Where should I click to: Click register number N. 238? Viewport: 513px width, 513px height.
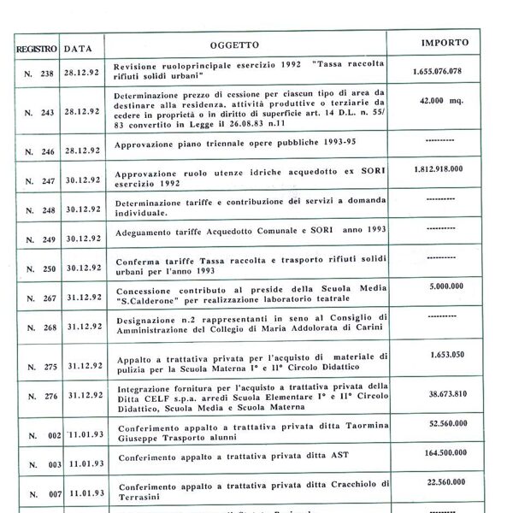point(39,73)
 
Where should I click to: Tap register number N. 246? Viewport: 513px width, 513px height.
point(39,150)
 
